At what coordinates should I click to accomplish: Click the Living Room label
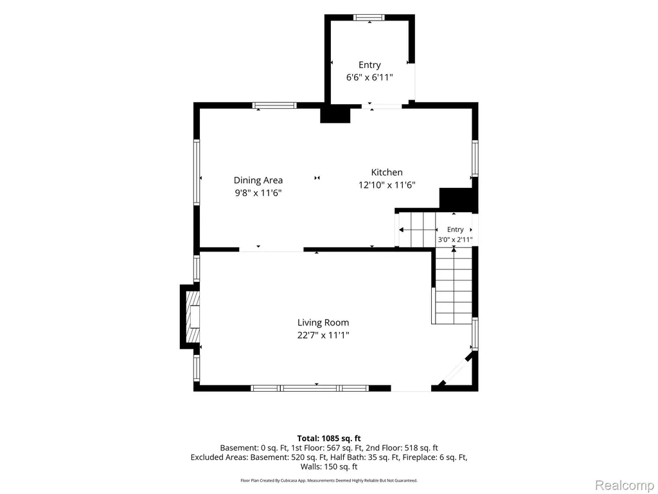[x=323, y=323]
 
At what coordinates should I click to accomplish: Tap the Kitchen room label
[x=387, y=172]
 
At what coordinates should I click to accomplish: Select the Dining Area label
[x=258, y=180]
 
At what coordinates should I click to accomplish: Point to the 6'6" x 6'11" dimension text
[x=369, y=77]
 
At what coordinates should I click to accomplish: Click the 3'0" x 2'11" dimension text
[x=456, y=240]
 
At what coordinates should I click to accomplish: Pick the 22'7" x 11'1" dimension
[x=323, y=335]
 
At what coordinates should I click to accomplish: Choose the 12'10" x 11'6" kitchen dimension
[x=387, y=185]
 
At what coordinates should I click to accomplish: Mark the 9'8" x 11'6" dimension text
[x=258, y=193]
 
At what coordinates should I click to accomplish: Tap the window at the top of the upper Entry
[x=369, y=17]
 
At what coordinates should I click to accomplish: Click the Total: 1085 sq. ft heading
[x=329, y=439]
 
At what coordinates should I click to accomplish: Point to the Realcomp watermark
[x=624, y=485]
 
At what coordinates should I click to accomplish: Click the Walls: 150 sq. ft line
[x=329, y=466]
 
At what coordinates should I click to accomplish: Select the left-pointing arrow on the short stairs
[x=418, y=230]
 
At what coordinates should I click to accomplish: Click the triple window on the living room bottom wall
[x=310, y=388]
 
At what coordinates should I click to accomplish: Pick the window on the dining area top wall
[x=274, y=105]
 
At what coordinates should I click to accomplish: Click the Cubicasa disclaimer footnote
[x=329, y=480]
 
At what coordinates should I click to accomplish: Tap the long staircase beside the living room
[x=454, y=286]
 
